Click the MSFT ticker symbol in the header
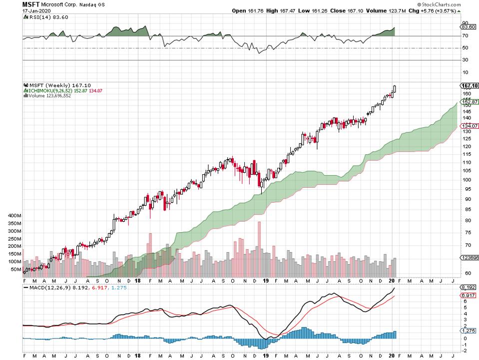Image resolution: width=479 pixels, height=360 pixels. [x=30, y=4]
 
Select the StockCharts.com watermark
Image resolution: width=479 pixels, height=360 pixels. [x=452, y=4]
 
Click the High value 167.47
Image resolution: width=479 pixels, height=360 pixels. [x=292, y=10]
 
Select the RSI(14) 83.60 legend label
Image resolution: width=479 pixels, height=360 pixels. [x=46, y=17]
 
